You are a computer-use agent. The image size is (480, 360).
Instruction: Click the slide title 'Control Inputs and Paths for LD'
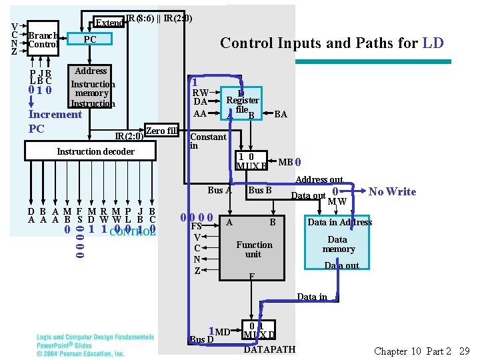(x=331, y=43)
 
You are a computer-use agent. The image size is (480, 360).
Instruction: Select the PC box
(x=90, y=39)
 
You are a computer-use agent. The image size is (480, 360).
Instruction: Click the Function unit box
(x=254, y=249)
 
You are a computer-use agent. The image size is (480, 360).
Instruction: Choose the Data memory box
(x=338, y=244)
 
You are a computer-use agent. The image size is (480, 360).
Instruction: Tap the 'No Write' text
(x=392, y=192)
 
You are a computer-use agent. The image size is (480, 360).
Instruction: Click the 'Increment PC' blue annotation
(x=55, y=121)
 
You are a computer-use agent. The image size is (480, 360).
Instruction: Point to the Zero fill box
(x=161, y=131)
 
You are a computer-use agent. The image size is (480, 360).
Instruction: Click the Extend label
(x=109, y=23)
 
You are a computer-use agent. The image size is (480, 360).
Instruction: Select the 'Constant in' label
(x=208, y=141)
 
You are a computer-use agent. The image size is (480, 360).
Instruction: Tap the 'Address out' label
(x=319, y=179)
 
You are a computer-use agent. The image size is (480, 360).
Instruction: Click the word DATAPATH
(x=269, y=349)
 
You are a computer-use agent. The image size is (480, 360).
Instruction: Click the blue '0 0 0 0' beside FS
(x=197, y=217)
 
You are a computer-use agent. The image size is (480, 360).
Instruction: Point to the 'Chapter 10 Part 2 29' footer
(x=422, y=351)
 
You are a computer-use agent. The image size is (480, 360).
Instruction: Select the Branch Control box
(x=43, y=40)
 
